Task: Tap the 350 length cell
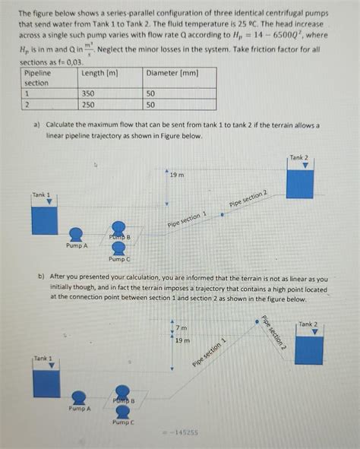90,93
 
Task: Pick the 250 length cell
90,105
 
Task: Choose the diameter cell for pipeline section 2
150,105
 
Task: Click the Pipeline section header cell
38,77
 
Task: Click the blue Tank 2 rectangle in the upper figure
299,184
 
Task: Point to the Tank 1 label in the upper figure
42,194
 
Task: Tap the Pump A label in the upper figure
76,246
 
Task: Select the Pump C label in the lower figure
122,422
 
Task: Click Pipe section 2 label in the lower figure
273,332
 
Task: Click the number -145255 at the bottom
181,432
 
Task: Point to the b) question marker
42,279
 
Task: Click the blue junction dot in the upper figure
222,214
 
